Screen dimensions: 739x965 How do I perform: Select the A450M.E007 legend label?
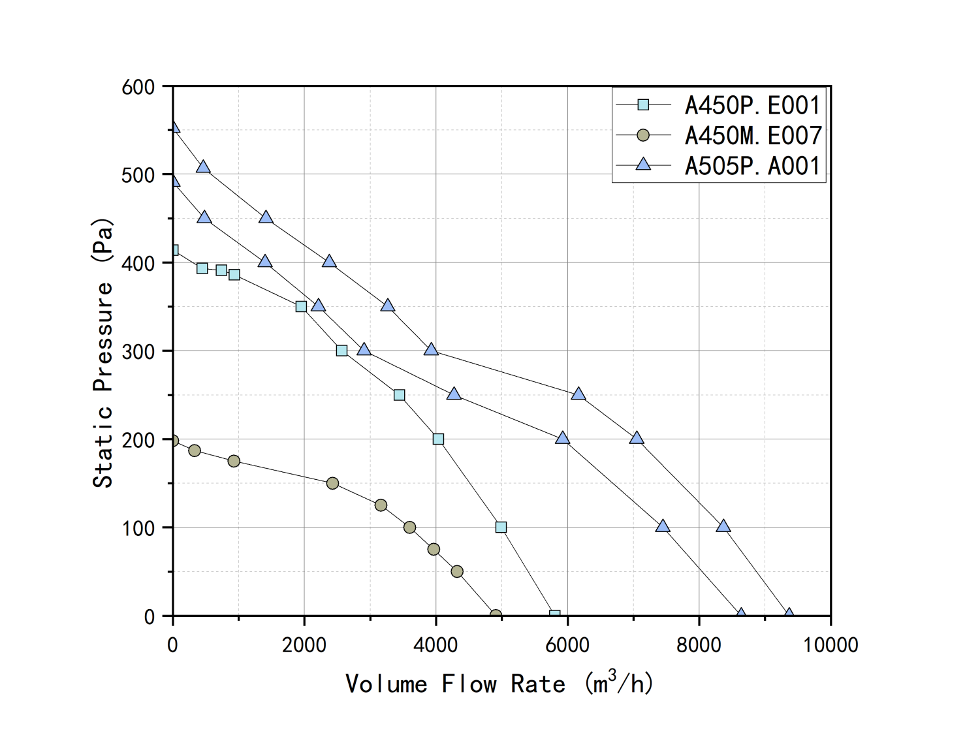click(752, 136)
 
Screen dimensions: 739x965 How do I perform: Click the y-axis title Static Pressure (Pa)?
click(103, 353)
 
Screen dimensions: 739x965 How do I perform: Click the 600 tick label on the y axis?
click(138, 87)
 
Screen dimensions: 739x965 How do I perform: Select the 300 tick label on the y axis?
click(138, 352)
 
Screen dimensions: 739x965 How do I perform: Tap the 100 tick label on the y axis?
click(138, 528)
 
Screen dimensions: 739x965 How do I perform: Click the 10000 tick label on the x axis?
click(830, 645)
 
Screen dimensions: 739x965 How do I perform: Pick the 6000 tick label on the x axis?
click(567, 645)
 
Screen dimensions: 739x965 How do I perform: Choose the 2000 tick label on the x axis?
click(304, 645)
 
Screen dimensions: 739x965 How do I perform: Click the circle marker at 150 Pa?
click(332, 483)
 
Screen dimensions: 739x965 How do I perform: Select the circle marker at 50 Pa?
click(457, 571)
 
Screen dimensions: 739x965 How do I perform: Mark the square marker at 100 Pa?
click(501, 527)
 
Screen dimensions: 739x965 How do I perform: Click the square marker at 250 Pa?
click(400, 395)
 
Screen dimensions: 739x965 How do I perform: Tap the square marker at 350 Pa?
click(301, 306)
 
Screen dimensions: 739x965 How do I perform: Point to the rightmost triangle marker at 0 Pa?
click(789, 614)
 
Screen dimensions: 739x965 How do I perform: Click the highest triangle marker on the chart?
click(174, 127)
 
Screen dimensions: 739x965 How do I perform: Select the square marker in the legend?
click(643, 104)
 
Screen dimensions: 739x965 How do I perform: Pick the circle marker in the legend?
click(643, 135)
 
